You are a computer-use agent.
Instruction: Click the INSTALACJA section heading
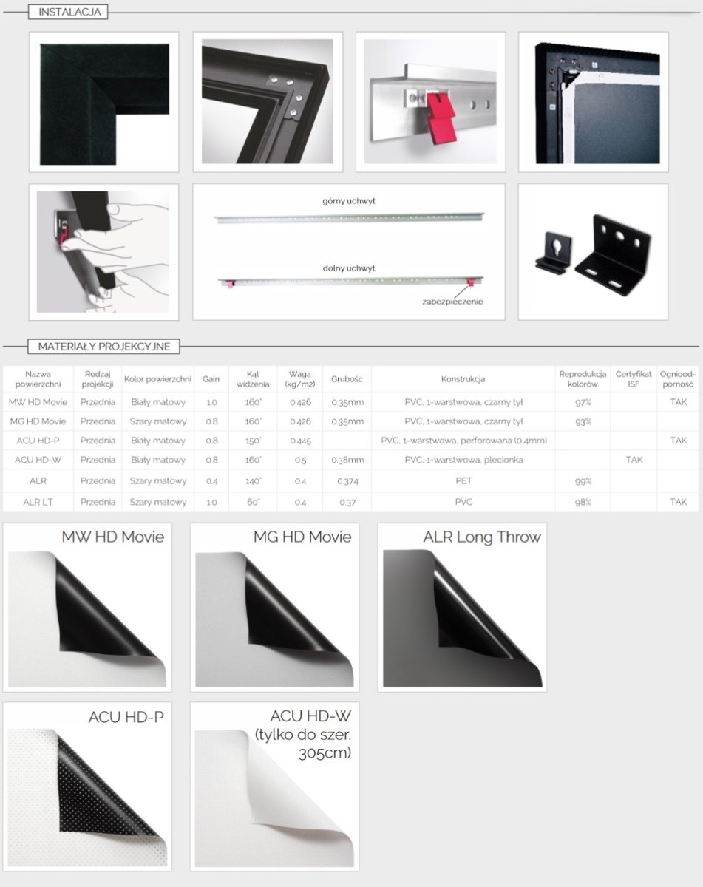pos(69,12)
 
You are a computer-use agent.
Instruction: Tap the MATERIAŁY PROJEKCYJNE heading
pos(104,346)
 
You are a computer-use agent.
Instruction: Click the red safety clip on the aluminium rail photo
pos(441,118)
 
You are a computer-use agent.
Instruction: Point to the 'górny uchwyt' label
pos(349,201)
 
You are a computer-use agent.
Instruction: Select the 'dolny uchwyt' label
pos(349,268)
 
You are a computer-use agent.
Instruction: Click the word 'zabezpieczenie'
pos(452,302)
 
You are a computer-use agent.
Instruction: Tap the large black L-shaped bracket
pos(613,255)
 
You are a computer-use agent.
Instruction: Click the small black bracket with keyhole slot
pos(554,252)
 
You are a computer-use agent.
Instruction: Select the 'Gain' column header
pos(211,379)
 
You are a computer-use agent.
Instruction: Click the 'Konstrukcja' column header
pos(463,379)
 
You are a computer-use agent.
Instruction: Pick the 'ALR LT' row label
pos(38,502)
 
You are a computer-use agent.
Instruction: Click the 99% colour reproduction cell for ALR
pos(583,481)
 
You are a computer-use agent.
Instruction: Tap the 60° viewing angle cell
pos(253,502)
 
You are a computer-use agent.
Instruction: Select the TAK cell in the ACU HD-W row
pos(634,460)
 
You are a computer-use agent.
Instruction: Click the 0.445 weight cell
pos(300,441)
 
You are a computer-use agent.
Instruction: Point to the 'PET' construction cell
pos(463,481)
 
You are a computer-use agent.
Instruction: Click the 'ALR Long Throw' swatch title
pos(482,537)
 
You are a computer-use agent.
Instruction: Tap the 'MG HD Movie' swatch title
pos(302,537)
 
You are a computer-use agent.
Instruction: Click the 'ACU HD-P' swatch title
pos(126,717)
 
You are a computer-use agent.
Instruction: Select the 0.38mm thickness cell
pos(347,460)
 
